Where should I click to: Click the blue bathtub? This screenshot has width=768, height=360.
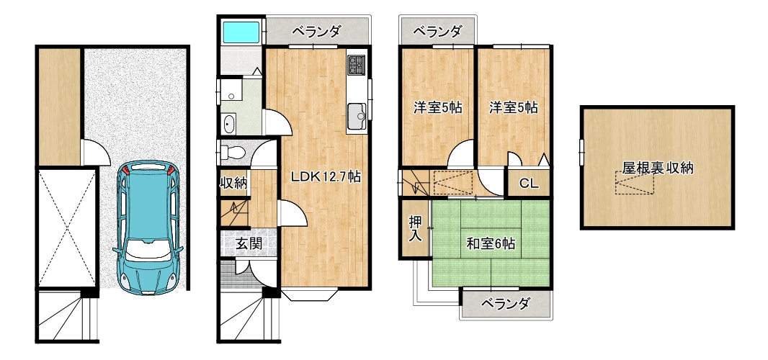pyautogui.click(x=241, y=32)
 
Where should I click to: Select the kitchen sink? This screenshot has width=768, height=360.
pyautogui.click(x=357, y=117)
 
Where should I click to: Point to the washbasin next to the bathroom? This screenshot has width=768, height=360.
pyautogui.click(x=228, y=124)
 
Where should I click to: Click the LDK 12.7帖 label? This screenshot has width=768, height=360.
pyautogui.click(x=326, y=177)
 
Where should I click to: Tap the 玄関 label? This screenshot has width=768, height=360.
pyautogui.click(x=249, y=243)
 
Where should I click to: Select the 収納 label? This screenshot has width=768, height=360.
pyautogui.click(x=233, y=184)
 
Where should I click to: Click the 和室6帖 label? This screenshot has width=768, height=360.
pyautogui.click(x=491, y=243)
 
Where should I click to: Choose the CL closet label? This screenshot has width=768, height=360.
pyautogui.click(x=529, y=184)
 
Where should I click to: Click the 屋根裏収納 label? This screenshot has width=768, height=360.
pyautogui.click(x=658, y=168)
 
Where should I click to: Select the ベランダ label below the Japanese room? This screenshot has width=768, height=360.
pyautogui.click(x=506, y=304)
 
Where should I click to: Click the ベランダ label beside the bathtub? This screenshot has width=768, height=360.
pyautogui.click(x=316, y=32)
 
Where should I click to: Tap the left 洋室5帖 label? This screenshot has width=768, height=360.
pyautogui.click(x=438, y=108)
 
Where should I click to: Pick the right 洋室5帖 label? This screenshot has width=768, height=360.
pyautogui.click(x=513, y=108)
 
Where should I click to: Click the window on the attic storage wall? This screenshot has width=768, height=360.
pyautogui.click(x=582, y=153)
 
